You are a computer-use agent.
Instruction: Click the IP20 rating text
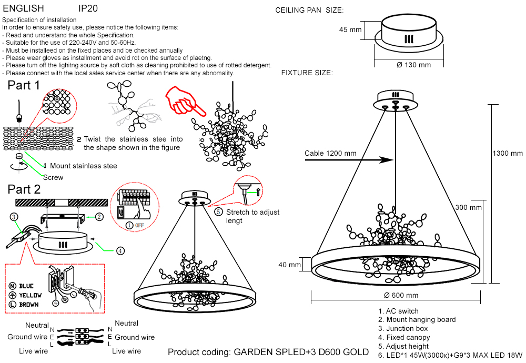pos(87,9)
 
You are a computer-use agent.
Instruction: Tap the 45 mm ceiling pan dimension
pos(350,30)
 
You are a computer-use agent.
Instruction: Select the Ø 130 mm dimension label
pos(414,65)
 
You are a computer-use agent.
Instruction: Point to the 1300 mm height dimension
pos(508,153)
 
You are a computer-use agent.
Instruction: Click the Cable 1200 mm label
pos(330,154)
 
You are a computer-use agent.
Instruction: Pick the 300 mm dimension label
pos(468,208)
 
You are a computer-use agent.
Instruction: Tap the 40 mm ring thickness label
pos(290,265)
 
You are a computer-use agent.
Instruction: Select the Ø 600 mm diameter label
pos(401,295)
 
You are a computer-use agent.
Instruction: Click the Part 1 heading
pos(24,86)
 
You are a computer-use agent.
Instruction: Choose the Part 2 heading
pos(24,189)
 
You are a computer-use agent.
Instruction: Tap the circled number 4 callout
pos(120,251)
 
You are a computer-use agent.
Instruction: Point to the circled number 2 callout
pos(99,216)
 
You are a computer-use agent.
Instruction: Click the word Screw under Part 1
pos(53,177)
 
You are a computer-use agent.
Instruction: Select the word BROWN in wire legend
pos(29,305)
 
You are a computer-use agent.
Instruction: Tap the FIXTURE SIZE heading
pos(307,73)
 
